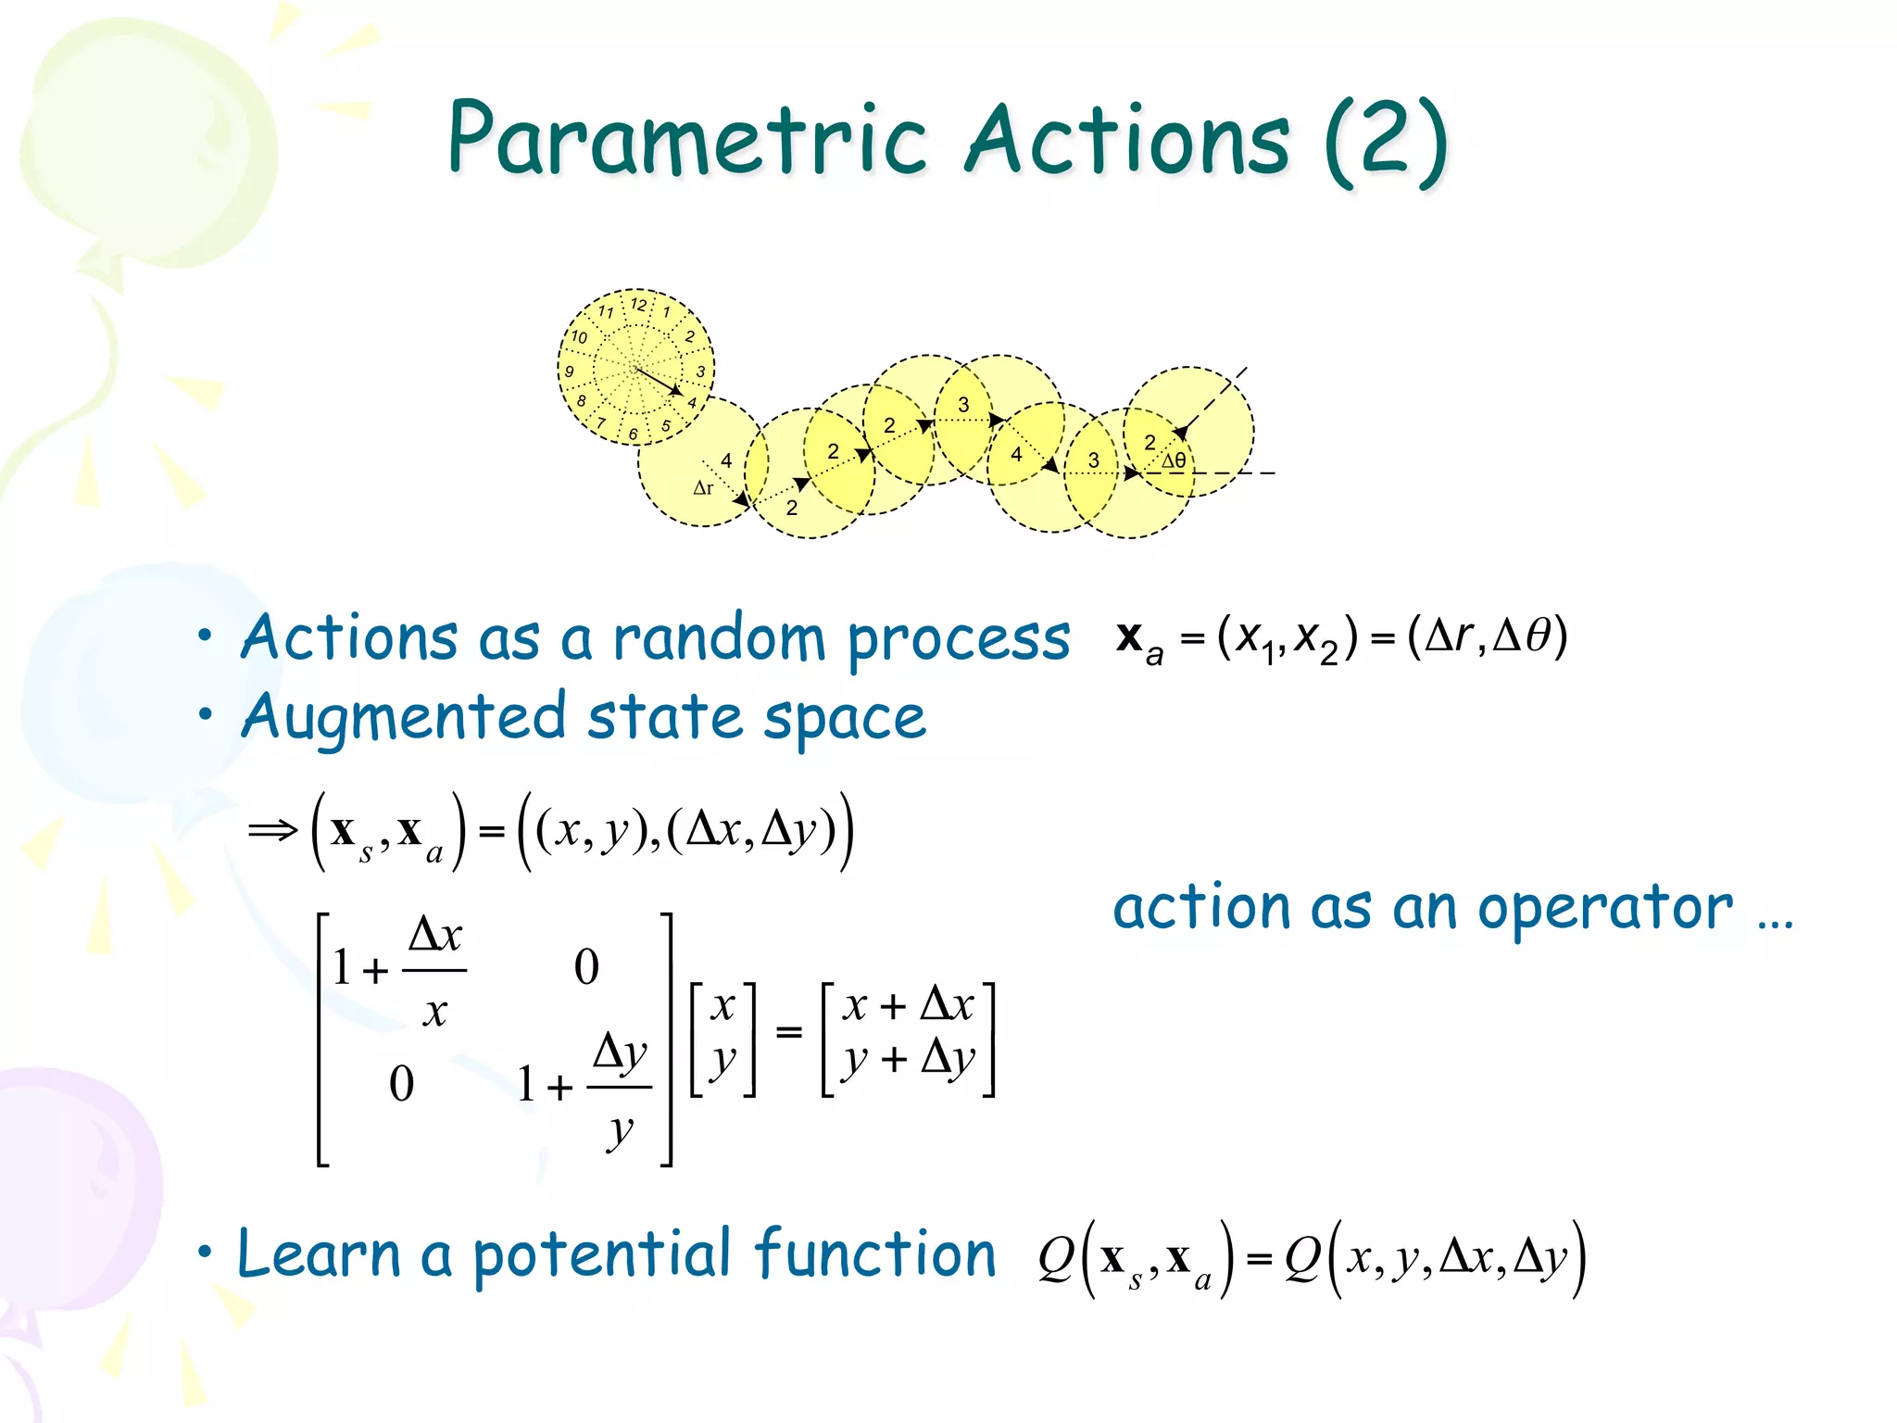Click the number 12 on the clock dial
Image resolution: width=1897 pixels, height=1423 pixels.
point(638,305)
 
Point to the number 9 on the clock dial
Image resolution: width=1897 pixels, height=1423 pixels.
point(570,371)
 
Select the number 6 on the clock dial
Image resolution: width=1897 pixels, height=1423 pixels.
point(634,434)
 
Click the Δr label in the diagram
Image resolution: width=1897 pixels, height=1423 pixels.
point(703,488)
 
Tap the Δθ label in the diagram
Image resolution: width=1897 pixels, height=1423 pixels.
point(1174,460)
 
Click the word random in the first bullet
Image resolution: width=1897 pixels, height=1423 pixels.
point(718,639)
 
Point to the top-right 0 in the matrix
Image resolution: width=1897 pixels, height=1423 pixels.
point(586,967)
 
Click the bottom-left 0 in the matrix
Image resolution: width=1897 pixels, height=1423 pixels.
point(401,1083)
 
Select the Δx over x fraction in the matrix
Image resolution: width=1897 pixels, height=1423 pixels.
point(434,971)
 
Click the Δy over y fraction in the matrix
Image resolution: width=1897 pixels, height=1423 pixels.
point(620,1088)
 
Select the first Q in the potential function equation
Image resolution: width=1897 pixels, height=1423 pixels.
point(1056,1258)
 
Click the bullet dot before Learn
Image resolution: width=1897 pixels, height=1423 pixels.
point(205,1253)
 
